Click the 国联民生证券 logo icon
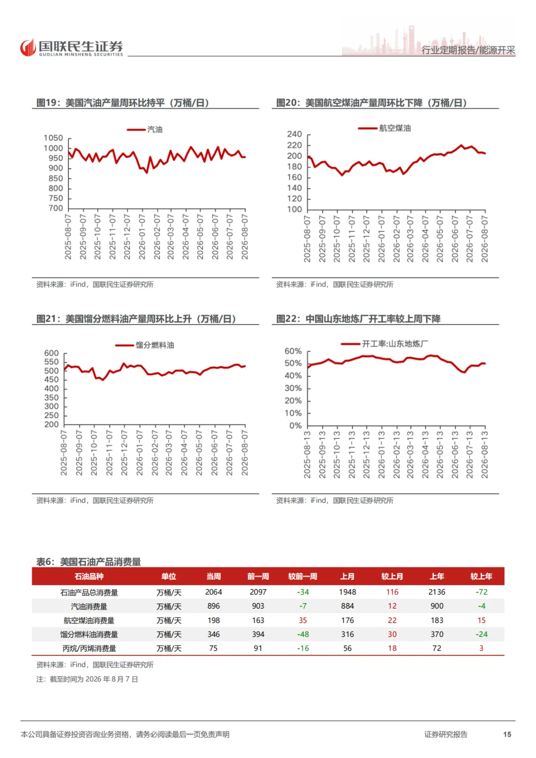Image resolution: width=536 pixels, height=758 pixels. (28, 47)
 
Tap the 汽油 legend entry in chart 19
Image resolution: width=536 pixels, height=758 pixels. (145, 129)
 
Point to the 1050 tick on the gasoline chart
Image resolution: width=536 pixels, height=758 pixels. (53, 138)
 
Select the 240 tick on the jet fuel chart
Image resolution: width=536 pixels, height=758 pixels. (294, 135)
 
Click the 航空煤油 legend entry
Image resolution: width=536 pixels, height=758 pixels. (385, 128)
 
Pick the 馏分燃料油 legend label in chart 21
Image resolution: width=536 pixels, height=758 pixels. (155, 345)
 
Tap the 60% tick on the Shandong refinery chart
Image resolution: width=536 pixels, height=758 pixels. (293, 351)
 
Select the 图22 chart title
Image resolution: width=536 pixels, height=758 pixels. (358, 319)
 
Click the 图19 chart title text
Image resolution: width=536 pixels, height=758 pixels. (123, 103)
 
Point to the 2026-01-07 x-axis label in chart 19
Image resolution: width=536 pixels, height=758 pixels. (142, 237)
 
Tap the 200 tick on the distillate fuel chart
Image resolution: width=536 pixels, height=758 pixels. (52, 424)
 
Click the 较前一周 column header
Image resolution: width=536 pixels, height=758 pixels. (303, 576)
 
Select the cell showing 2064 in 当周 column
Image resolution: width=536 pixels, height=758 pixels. (213, 592)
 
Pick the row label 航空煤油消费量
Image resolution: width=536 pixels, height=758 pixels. (89, 620)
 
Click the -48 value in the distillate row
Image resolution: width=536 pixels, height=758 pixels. (303, 634)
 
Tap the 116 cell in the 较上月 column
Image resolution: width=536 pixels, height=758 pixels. (392, 592)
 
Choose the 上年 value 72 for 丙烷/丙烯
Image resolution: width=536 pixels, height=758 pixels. (437, 648)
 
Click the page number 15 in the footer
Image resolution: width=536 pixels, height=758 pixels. (507, 734)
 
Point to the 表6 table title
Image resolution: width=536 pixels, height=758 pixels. (89, 562)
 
